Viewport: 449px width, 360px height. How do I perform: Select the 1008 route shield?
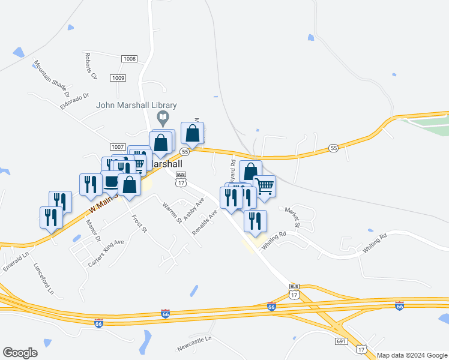pos(128,59)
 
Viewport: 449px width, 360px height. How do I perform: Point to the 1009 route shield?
pos(118,78)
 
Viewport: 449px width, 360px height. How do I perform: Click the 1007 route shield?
pos(117,147)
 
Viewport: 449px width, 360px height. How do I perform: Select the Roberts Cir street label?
pos(91,66)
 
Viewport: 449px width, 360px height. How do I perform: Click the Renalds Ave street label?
pos(205,223)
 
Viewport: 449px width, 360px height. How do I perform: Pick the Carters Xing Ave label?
pos(106,252)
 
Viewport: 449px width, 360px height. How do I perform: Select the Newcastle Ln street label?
pos(194,344)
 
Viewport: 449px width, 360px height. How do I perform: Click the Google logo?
pos(20,353)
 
